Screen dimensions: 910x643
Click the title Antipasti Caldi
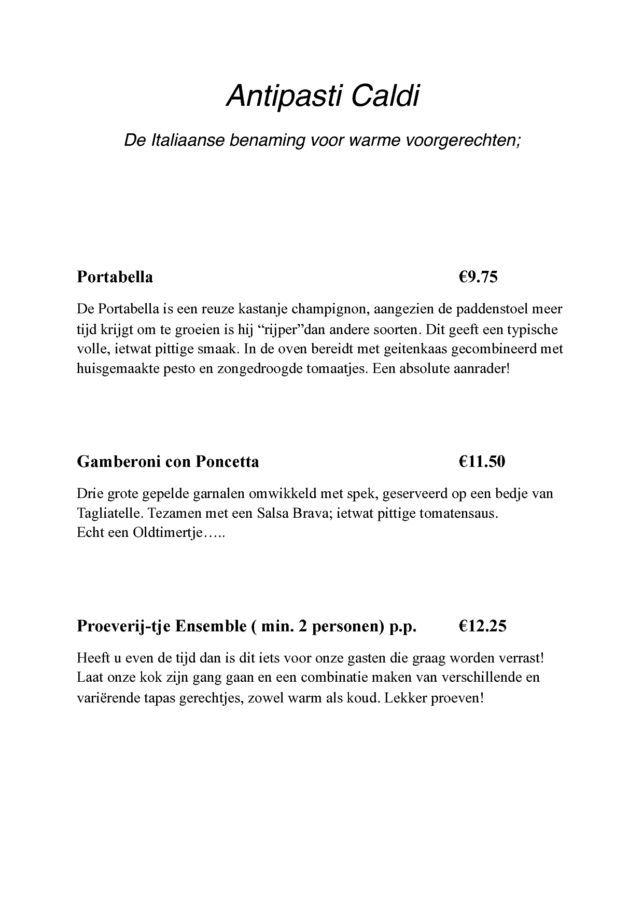click(322, 96)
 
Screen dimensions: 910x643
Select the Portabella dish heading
click(115, 277)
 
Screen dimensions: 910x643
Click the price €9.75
click(478, 277)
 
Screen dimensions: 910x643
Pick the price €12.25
click(482, 626)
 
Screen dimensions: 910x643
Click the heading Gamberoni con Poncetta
click(167, 461)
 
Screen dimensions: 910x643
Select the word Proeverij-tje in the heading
click(124, 626)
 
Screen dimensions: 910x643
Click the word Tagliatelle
click(107, 514)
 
